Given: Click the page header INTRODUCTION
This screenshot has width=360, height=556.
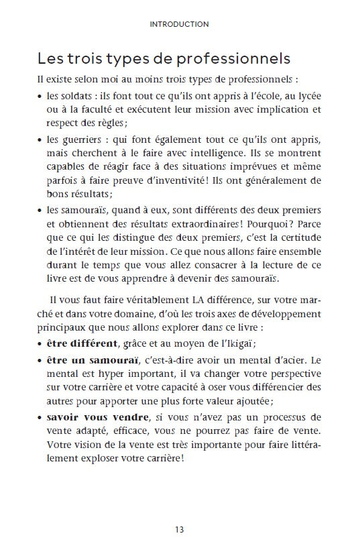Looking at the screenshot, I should (x=180, y=24).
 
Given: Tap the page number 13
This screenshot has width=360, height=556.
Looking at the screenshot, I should (x=180, y=530).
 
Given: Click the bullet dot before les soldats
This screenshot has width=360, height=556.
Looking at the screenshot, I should (x=42, y=95).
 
